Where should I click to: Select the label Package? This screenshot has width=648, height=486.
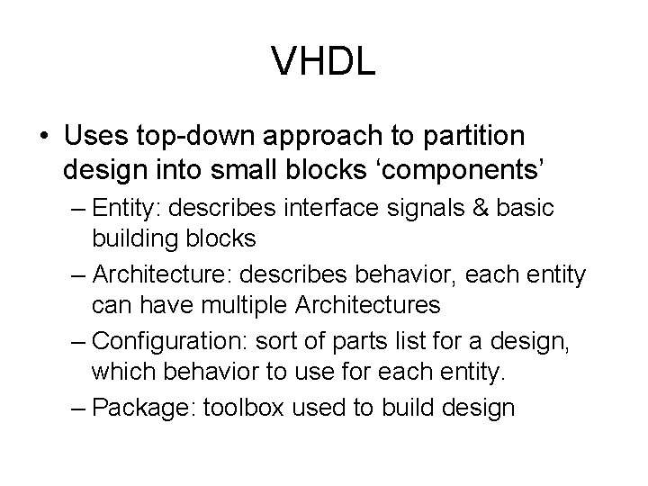(135, 408)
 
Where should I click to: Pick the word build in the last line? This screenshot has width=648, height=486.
(408, 408)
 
